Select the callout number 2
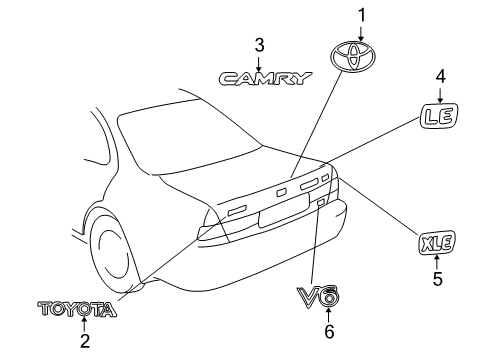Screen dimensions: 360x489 tap(84, 341)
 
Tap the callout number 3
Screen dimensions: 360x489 tap(259, 44)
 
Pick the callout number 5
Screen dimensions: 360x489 tap(436, 279)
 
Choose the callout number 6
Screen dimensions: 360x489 tap(328, 329)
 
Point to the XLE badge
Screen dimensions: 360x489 tap(436, 242)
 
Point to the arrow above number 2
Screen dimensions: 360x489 tap(84, 324)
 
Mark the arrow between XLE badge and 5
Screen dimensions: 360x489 tap(436, 262)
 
